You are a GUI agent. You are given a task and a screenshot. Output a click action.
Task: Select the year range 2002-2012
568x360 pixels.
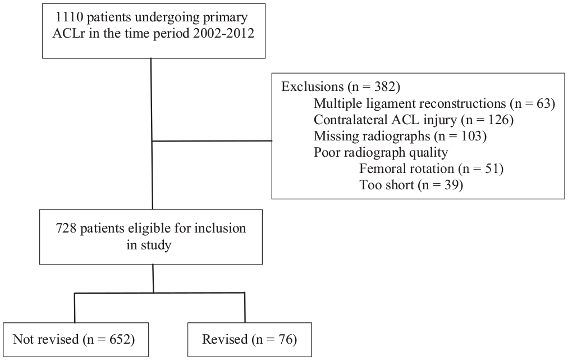pos(223,33)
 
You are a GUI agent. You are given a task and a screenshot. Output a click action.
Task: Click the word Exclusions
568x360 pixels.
pos(312,86)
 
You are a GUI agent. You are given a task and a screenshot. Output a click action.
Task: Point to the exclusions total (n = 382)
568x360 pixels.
pos(373,87)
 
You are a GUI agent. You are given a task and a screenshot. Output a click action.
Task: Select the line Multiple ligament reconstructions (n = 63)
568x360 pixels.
pos(434,104)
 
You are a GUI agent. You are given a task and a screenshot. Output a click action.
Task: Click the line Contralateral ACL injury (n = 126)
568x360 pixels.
pos(414,120)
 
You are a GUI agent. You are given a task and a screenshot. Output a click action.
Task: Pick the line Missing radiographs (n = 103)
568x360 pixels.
pos(400,136)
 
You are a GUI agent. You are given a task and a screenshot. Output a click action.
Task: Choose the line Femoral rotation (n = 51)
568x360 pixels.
pos(431,169)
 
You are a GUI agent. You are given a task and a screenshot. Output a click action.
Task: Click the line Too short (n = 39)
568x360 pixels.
pos(411,185)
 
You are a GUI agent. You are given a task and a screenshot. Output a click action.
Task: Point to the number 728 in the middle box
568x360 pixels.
pos(66,229)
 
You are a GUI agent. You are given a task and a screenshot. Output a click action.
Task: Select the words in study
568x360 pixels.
pos(149,245)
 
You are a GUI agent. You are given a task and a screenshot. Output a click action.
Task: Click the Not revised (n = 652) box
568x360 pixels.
pos(76,340)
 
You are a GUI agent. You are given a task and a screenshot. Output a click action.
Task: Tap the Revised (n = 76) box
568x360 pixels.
pos(250,340)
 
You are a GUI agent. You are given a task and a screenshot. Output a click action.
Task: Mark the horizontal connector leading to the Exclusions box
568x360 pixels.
pos(212,140)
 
